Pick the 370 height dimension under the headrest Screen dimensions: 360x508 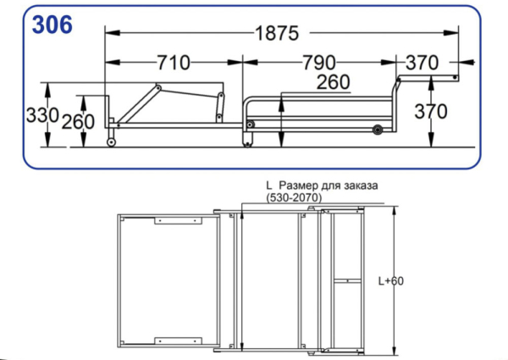[x=433, y=110]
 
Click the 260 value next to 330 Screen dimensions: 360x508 [x=78, y=121]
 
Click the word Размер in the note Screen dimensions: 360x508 [x=299, y=185]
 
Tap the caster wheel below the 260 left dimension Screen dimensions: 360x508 [x=112, y=141]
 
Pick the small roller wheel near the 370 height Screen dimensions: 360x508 [x=376, y=130]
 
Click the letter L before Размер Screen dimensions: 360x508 [x=268, y=185]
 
